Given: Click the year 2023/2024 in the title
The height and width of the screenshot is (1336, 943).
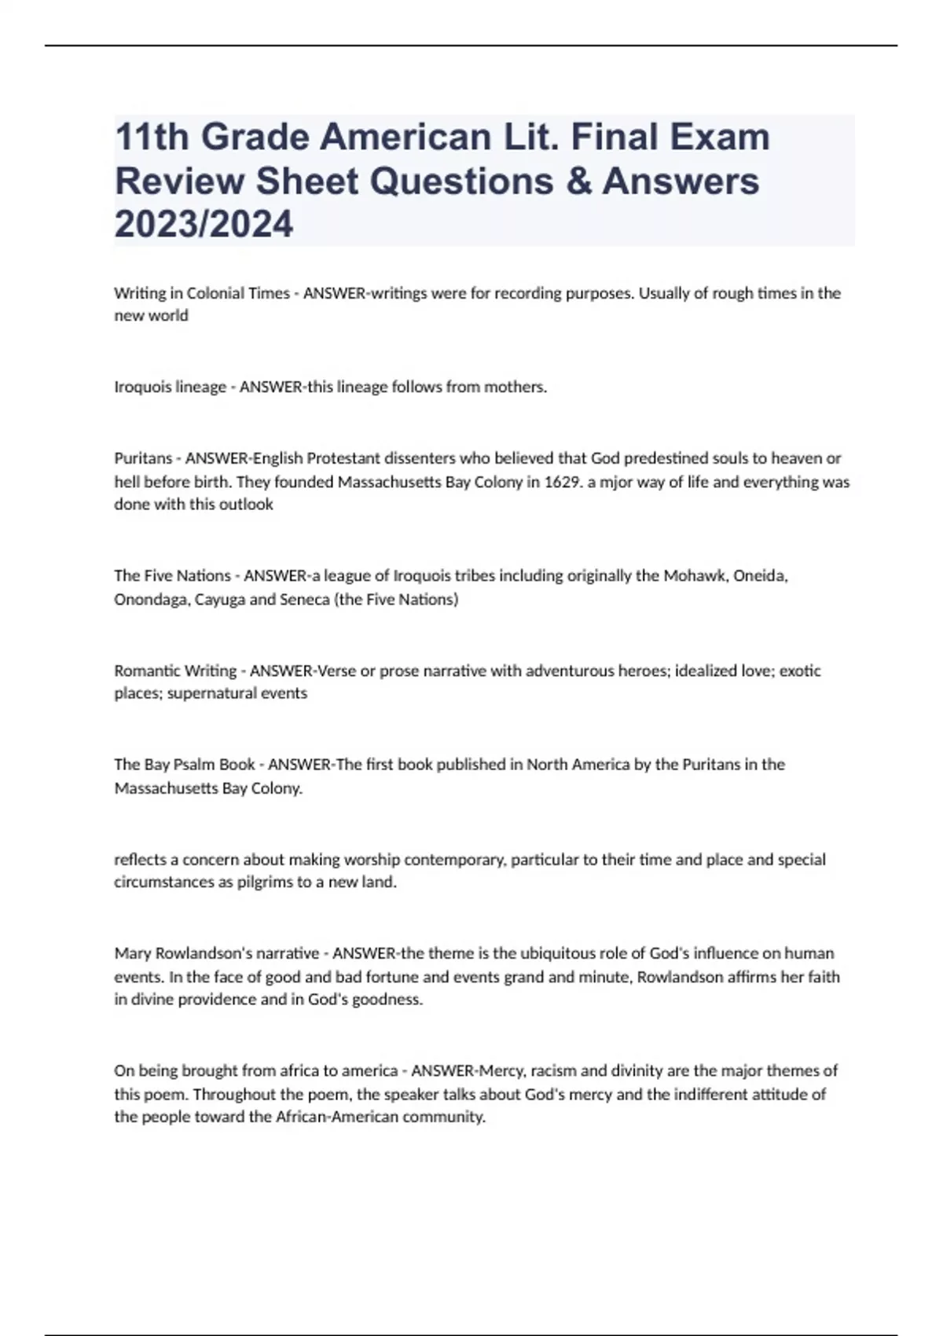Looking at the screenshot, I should coord(204,224).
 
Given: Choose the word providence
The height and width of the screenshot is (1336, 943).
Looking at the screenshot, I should coord(216,1000).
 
